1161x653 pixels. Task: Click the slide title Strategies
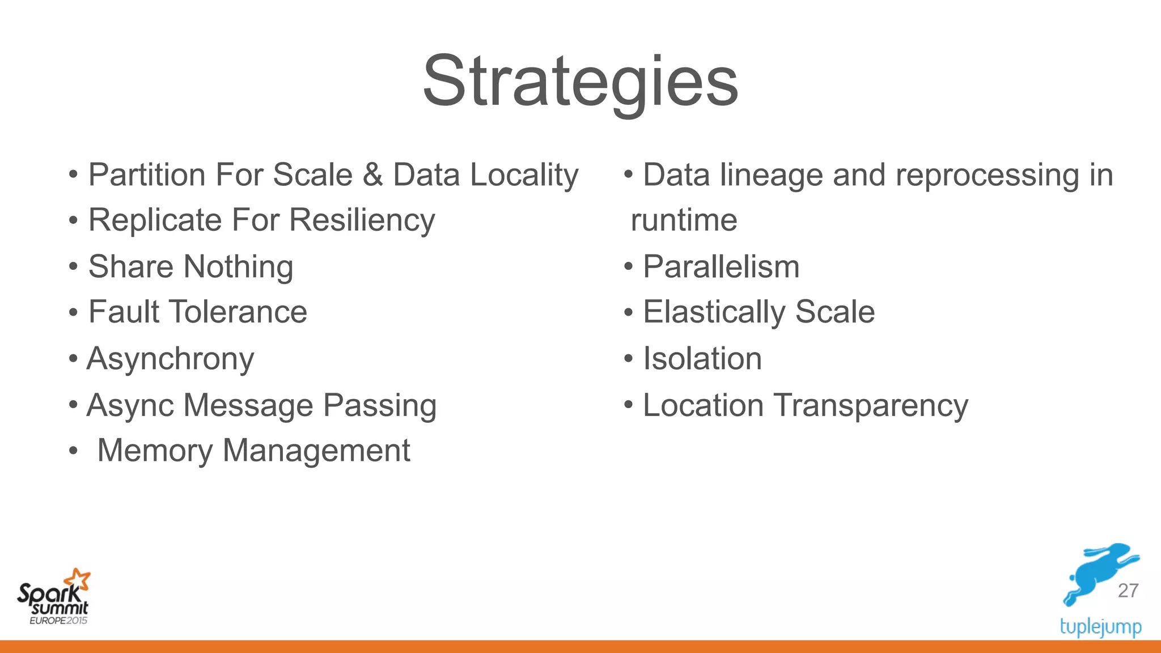[x=580, y=82]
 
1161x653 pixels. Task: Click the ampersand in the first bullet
[x=372, y=175]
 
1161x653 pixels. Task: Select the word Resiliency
[x=362, y=220]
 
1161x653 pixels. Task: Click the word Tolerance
[x=238, y=312]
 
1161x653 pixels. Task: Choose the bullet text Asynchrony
[x=170, y=359]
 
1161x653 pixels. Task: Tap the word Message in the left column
[x=248, y=406]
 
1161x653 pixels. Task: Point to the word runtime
[x=684, y=221]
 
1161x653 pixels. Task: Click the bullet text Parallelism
[x=721, y=267]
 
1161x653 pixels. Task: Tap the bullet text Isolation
[x=702, y=359]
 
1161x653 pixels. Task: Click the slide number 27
[x=1128, y=591]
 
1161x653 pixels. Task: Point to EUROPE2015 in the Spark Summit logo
[x=58, y=621]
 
